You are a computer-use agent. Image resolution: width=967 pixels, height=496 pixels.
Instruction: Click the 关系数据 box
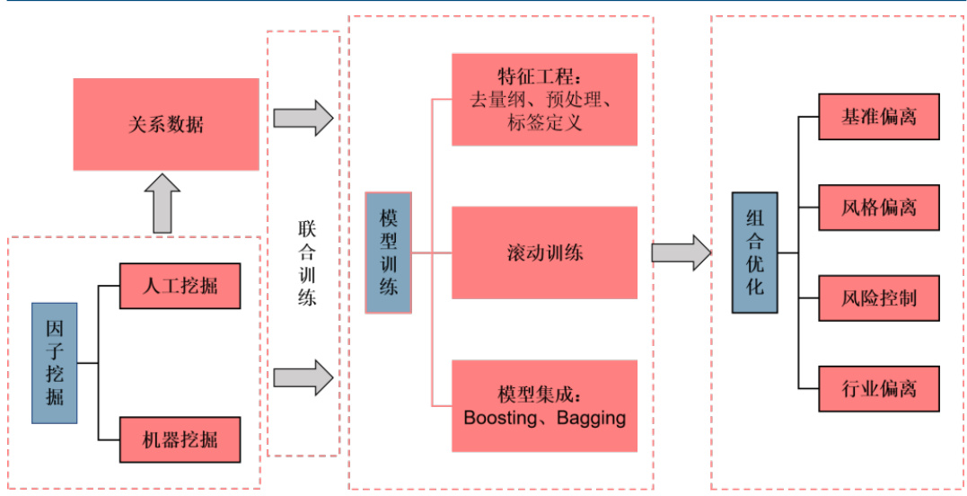tap(166, 124)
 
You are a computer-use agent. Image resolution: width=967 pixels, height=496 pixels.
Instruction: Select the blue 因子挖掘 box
tap(55, 362)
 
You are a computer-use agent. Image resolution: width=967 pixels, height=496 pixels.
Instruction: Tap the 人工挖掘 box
tap(180, 286)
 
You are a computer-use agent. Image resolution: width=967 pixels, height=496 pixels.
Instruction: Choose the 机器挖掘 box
tap(180, 439)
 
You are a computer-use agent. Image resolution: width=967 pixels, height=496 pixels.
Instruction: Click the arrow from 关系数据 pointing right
tap(303, 118)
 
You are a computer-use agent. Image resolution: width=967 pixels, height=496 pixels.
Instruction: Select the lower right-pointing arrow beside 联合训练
tap(303, 377)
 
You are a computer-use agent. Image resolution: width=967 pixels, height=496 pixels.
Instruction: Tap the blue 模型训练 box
tap(389, 252)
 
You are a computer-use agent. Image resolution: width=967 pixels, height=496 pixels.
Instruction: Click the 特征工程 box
tap(544, 99)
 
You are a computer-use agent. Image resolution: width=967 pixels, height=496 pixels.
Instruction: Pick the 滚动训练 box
tap(544, 252)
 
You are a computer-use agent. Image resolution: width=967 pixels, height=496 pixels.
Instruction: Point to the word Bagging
tap(591, 418)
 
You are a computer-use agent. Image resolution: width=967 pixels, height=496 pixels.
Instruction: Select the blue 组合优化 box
tap(754, 252)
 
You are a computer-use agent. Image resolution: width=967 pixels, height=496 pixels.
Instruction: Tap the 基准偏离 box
tap(878, 117)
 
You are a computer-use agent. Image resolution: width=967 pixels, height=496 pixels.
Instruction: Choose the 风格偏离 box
tap(878, 208)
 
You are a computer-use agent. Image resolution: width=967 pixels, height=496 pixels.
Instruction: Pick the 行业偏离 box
tap(878, 389)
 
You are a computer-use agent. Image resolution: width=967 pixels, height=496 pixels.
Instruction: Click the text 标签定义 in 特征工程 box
tap(544, 123)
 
